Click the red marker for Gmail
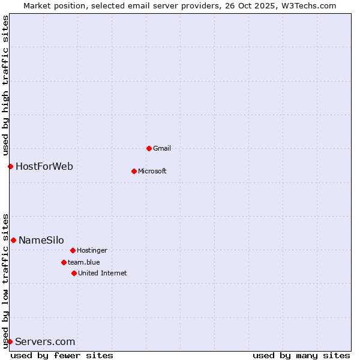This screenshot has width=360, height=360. (149, 148)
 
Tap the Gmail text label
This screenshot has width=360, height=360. (162, 148)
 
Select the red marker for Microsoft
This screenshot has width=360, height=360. (134, 171)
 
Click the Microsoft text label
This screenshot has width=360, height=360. (152, 171)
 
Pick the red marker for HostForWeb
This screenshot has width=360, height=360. (10, 166)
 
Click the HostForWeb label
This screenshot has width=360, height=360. (44, 166)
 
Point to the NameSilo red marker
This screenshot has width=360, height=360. (13, 240)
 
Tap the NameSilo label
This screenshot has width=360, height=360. (41, 240)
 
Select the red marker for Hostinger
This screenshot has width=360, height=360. (73, 250)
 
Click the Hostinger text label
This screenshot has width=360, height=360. (92, 250)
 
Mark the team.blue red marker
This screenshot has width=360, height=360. (64, 262)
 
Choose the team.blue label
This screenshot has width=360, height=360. (83, 262)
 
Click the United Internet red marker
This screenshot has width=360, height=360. (74, 273)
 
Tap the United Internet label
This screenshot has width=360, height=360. (102, 273)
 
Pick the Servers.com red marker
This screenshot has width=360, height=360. (10, 341)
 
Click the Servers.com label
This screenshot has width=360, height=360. (45, 341)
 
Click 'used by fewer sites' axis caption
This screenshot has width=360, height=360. (62, 355)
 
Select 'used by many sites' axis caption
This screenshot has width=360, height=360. (301, 355)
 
